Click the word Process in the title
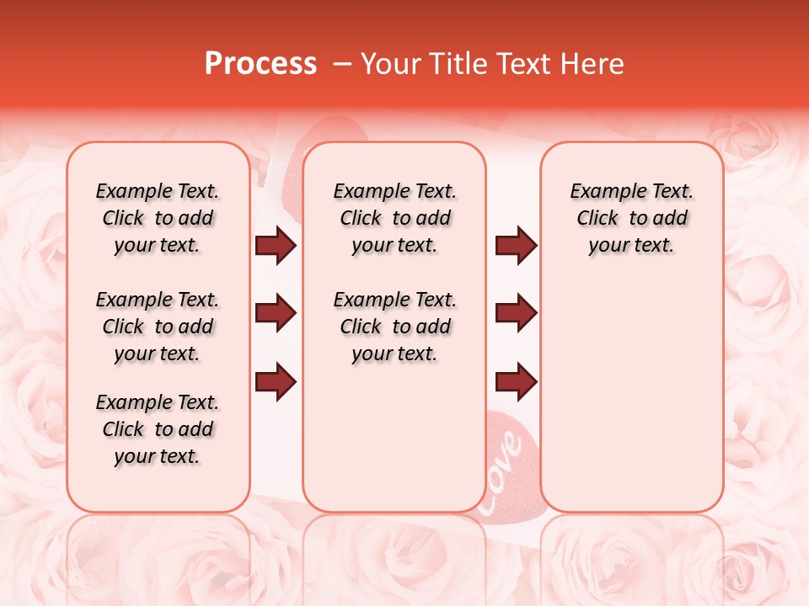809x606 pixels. pyautogui.click(x=260, y=64)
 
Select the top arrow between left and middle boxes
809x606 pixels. pyautogui.click(x=276, y=245)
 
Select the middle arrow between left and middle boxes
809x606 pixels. pyautogui.click(x=276, y=313)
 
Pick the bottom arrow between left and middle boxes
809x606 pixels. pyautogui.click(x=276, y=381)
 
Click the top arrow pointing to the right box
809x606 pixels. pyautogui.click(x=516, y=245)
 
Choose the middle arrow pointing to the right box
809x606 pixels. pyautogui.click(x=516, y=313)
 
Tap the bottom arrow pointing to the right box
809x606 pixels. pyautogui.click(x=516, y=381)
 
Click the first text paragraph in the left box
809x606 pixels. pyautogui.click(x=158, y=218)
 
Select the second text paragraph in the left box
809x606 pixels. pyautogui.click(x=158, y=327)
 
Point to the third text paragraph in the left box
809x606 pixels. pyautogui.click(x=158, y=429)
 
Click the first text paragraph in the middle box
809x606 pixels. pyautogui.click(x=394, y=218)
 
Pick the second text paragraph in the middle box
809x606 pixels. pyautogui.click(x=394, y=327)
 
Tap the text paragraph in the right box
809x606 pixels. pyautogui.click(x=631, y=218)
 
